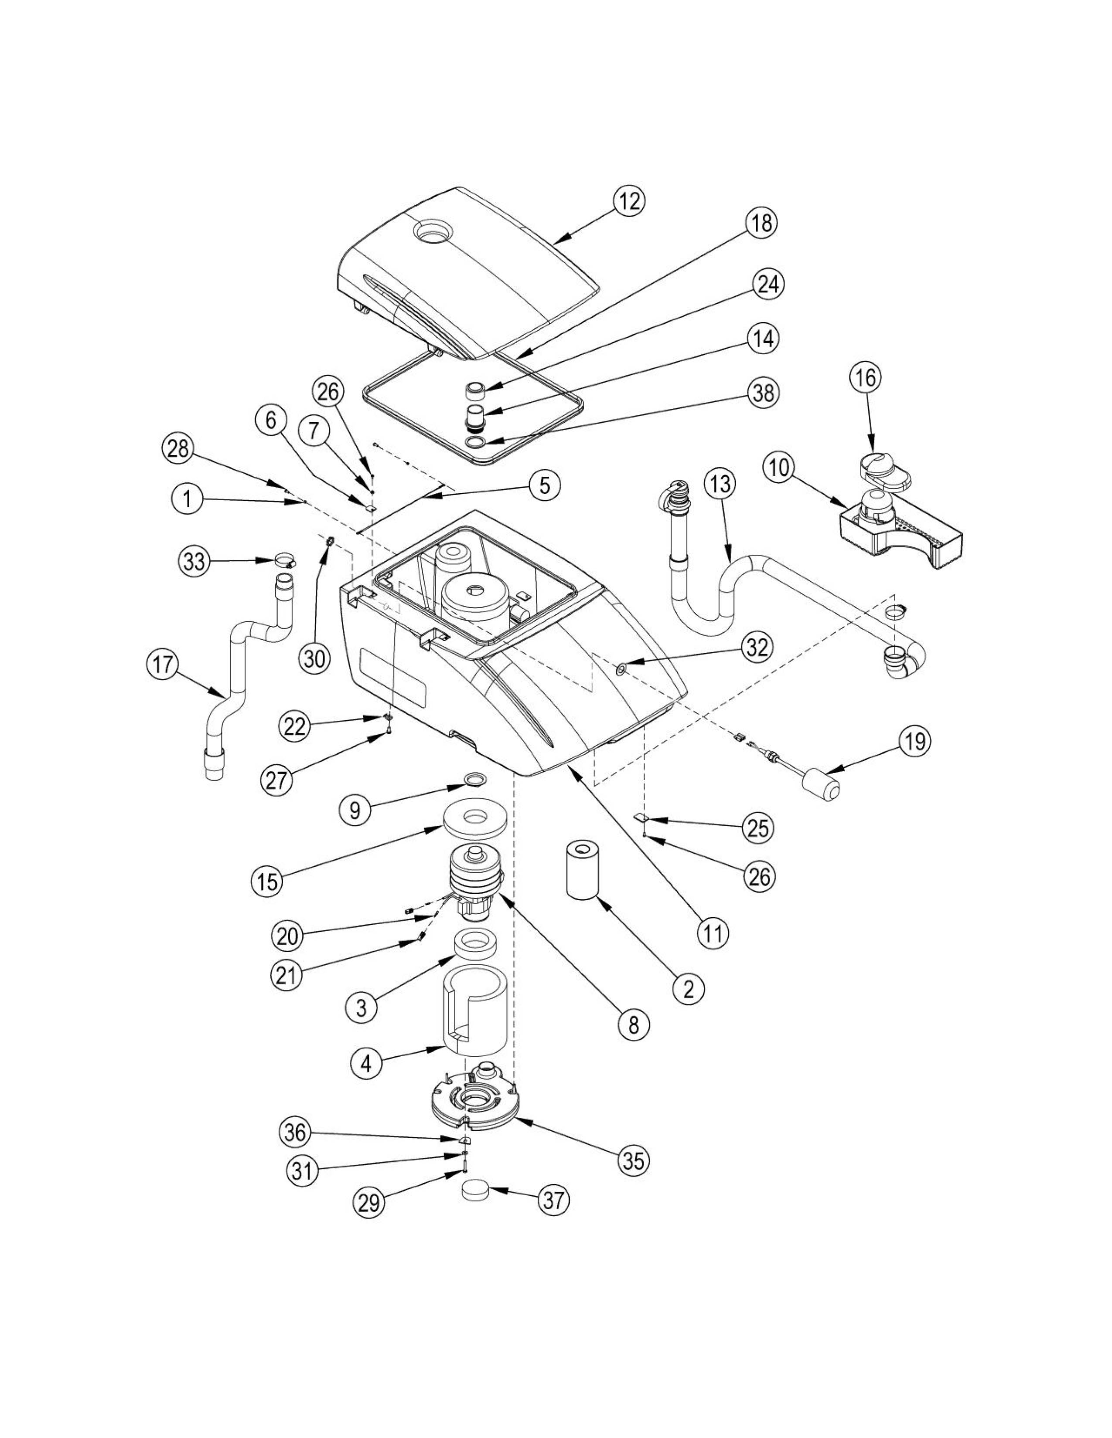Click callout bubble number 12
[629, 201]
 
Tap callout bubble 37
[553, 1201]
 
